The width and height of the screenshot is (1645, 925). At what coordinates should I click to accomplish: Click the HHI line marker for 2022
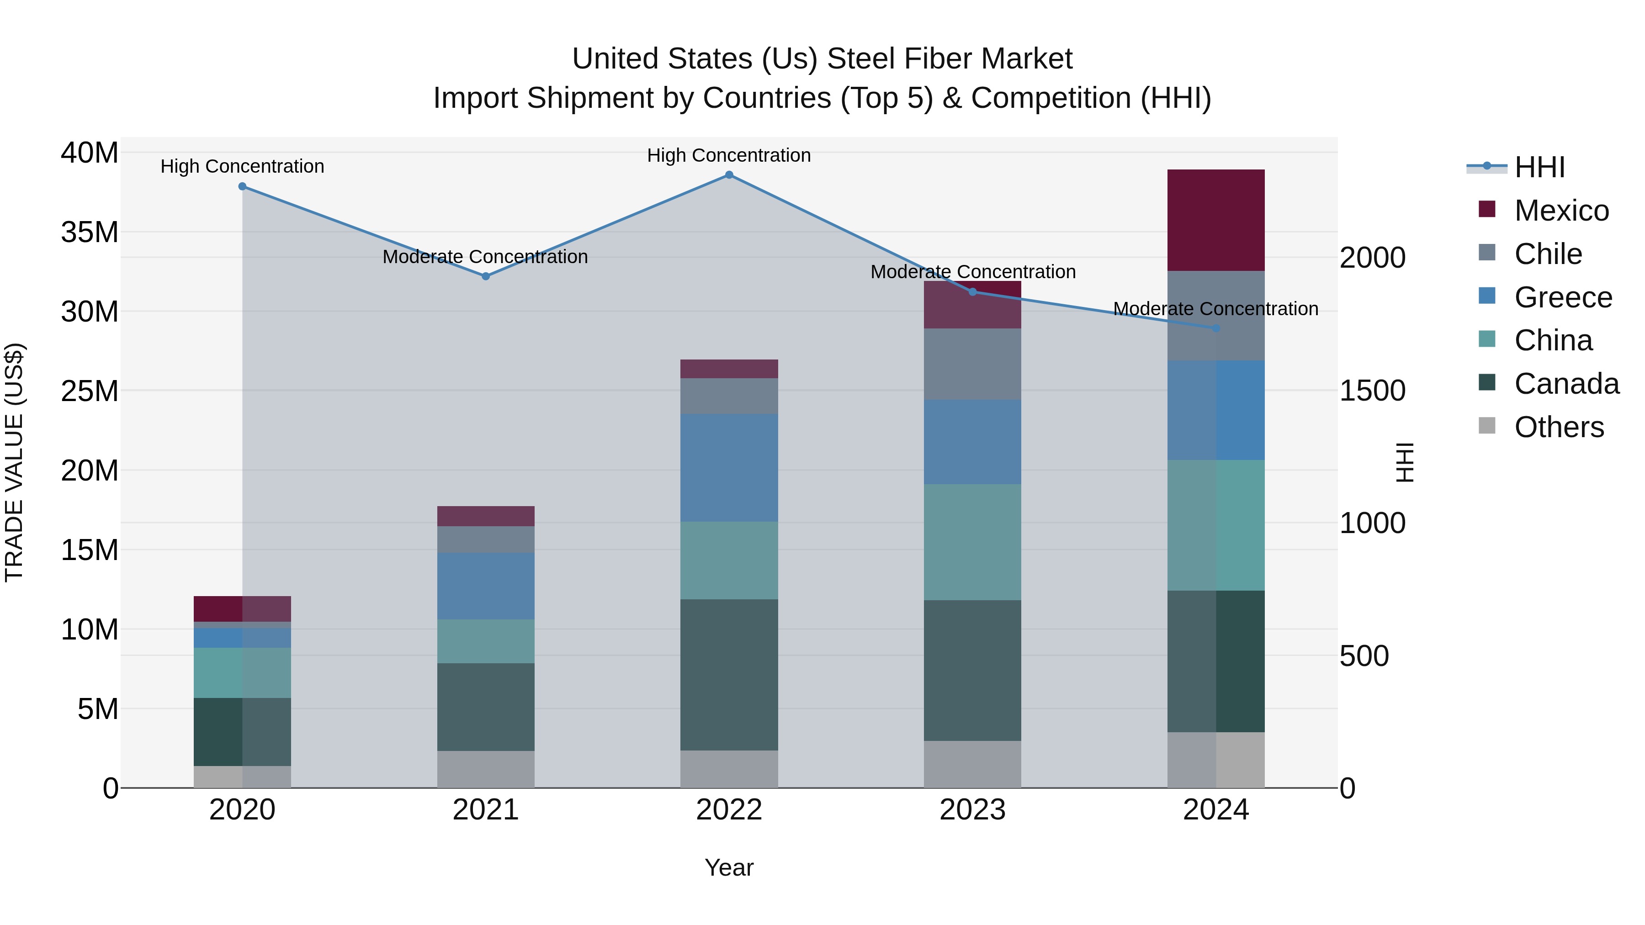pos(729,175)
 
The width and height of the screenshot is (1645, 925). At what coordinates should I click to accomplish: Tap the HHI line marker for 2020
pos(242,186)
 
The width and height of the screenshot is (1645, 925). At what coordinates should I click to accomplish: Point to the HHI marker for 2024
pos(1216,328)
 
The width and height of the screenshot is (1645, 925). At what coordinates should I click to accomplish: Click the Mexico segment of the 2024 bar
pos(1216,220)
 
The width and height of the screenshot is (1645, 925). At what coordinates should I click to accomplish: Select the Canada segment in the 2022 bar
pos(729,674)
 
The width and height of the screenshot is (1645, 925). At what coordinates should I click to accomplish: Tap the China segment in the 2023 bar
pos(972,541)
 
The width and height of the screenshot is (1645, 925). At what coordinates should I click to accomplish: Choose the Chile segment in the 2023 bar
pos(972,364)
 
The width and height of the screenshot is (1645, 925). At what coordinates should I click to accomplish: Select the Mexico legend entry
pos(1561,211)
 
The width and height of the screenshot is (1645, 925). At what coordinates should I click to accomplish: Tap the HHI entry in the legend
pos(1539,167)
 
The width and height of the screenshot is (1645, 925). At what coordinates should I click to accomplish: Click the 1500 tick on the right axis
pos(1372,391)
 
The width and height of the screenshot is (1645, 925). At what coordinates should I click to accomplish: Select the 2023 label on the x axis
pos(972,810)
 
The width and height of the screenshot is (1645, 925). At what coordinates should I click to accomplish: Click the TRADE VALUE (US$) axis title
pos(14,462)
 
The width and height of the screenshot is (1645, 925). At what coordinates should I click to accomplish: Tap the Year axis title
pos(729,867)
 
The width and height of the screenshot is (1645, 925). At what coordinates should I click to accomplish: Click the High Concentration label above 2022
pos(729,155)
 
